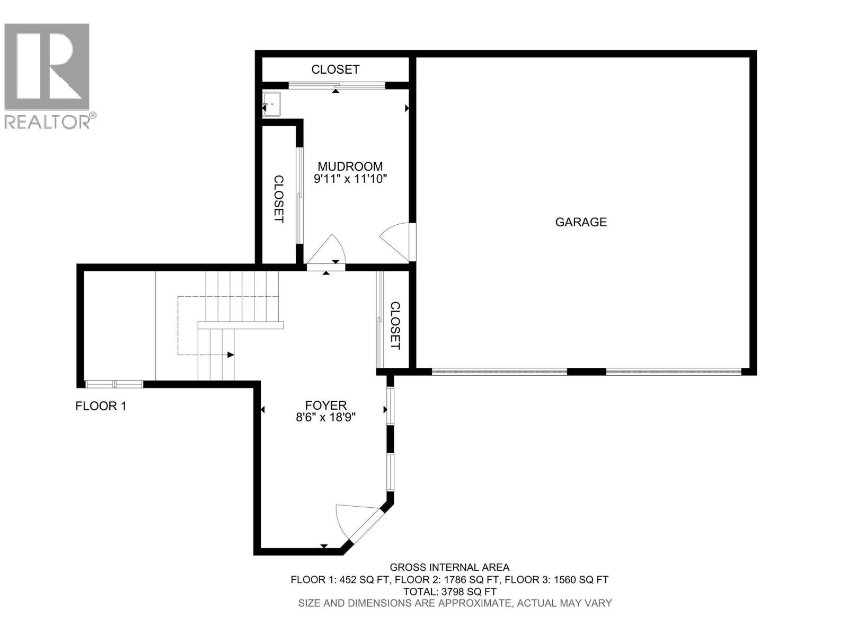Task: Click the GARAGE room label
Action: tap(581, 222)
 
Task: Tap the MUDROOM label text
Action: tap(350, 166)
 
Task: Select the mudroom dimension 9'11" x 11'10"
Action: tap(350, 179)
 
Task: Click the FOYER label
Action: tap(325, 405)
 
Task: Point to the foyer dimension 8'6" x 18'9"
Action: tap(325, 418)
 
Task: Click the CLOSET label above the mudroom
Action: tap(335, 69)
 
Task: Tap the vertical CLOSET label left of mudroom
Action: tap(279, 199)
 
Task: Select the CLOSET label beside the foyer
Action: tap(395, 325)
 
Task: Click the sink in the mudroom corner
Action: tap(272, 104)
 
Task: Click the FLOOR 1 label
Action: tap(101, 407)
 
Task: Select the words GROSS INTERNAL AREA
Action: tap(449, 568)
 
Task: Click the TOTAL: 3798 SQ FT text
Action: tap(449, 591)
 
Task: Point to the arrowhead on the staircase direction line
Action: tap(231, 355)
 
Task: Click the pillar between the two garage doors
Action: tap(586, 372)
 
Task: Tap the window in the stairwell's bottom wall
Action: tap(114, 384)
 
